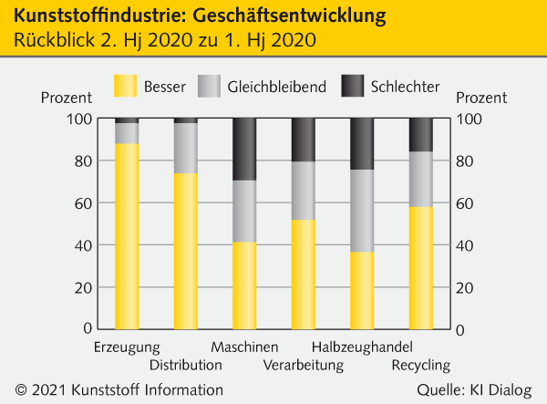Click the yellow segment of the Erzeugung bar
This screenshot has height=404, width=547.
coord(127,235)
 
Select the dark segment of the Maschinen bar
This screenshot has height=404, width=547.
coord(244,149)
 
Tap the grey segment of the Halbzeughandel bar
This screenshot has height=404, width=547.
coord(362,211)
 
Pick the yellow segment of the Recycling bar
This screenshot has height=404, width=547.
coord(420,267)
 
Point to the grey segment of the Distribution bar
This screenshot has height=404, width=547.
coord(186,148)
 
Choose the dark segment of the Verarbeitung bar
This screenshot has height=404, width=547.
coord(304,140)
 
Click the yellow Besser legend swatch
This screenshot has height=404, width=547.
coord(125,87)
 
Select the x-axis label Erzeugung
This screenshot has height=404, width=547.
coord(127,347)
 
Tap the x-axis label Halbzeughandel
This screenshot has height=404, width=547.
coord(362,347)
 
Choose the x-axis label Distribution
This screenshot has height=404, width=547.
coord(186,366)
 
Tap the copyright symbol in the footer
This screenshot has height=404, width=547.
coord(20,390)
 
